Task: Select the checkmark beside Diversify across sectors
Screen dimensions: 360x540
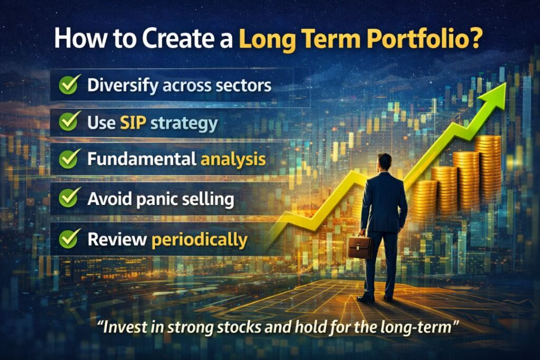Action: click(69, 85)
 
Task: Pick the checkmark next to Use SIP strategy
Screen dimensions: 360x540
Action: click(69, 123)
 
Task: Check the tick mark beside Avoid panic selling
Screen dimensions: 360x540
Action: click(69, 199)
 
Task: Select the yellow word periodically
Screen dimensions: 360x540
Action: click(199, 239)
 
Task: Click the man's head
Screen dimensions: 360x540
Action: click(384, 161)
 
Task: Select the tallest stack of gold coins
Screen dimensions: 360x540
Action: click(487, 169)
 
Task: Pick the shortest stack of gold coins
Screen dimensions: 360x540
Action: click(424, 198)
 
